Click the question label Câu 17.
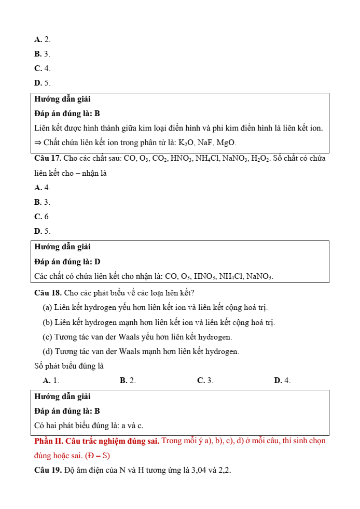click(x=48, y=158)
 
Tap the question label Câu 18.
click(x=48, y=293)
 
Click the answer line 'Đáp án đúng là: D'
click(x=67, y=262)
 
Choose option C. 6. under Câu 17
click(x=43, y=217)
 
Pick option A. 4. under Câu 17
click(x=43, y=188)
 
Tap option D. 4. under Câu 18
click(x=282, y=380)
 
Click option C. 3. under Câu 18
click(x=205, y=380)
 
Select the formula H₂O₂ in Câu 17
click(x=261, y=158)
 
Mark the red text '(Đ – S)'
click(x=98, y=456)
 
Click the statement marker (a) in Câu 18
click(x=47, y=308)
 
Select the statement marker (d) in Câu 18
click(x=47, y=351)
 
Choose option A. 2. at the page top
click(x=43, y=39)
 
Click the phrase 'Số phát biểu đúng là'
click(x=69, y=366)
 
